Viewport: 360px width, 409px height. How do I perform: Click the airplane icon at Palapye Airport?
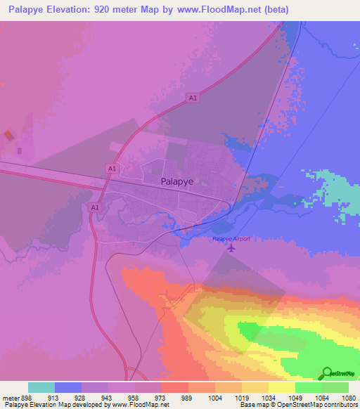(x=245, y=239)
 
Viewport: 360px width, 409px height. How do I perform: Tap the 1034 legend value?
(x=268, y=398)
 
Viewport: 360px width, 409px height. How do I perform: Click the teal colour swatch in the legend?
(x=41, y=387)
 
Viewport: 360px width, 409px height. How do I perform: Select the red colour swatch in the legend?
(x=174, y=387)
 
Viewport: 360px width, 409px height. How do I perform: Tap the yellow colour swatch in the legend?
(x=281, y=387)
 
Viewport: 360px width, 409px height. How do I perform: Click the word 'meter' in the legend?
(x=10, y=398)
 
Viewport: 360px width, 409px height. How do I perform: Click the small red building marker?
(x=8, y=134)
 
